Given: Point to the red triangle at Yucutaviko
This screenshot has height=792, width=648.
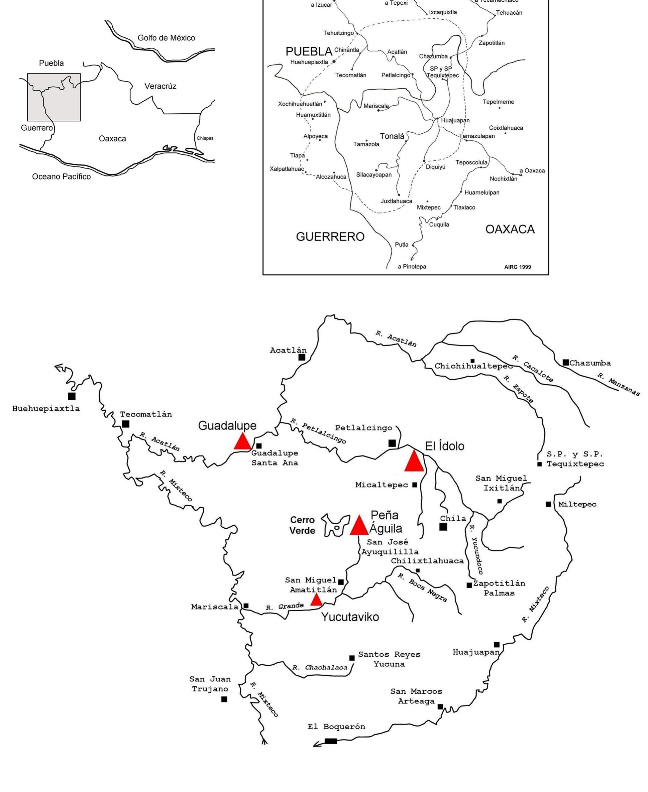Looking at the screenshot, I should (x=317, y=600).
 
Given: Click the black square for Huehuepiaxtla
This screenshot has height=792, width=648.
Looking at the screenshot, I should (x=72, y=396).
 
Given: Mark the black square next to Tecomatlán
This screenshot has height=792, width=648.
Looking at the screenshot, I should (x=126, y=424).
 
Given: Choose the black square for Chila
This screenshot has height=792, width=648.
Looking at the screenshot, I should (x=443, y=527).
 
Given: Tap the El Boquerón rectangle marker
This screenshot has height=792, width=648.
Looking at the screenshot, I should (x=331, y=741).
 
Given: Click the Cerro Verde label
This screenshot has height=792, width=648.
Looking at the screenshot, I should (x=302, y=525).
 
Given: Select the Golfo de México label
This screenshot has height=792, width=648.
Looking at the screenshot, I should (x=166, y=38).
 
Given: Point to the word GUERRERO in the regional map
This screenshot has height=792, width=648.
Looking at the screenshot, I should (x=330, y=237).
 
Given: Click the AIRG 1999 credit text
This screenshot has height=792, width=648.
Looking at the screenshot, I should (x=517, y=267).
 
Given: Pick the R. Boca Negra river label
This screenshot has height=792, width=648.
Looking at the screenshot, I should (x=422, y=587).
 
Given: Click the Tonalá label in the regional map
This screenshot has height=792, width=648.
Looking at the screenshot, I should (x=392, y=136).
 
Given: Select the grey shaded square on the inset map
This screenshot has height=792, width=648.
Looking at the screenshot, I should (x=54, y=97).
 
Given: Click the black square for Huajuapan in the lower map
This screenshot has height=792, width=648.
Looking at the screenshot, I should (x=497, y=645).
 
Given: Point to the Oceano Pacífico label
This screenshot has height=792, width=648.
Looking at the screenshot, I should (x=61, y=176).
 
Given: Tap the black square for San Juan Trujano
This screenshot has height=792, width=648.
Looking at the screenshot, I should (x=224, y=699).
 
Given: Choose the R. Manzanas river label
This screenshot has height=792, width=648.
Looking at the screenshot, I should (x=619, y=384).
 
